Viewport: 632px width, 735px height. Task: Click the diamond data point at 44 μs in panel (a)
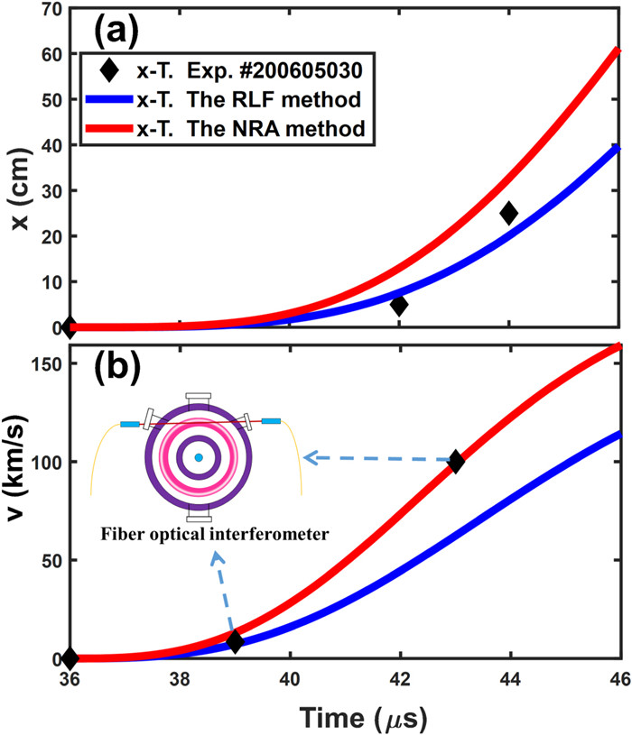click(509, 214)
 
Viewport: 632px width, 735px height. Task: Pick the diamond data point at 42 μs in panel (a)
click(398, 305)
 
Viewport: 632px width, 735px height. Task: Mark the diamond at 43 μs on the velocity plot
click(456, 461)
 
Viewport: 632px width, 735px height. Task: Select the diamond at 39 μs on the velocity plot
click(235, 642)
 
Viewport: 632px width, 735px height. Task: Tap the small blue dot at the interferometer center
click(198, 458)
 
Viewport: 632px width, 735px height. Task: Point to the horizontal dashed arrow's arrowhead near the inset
click(308, 458)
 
